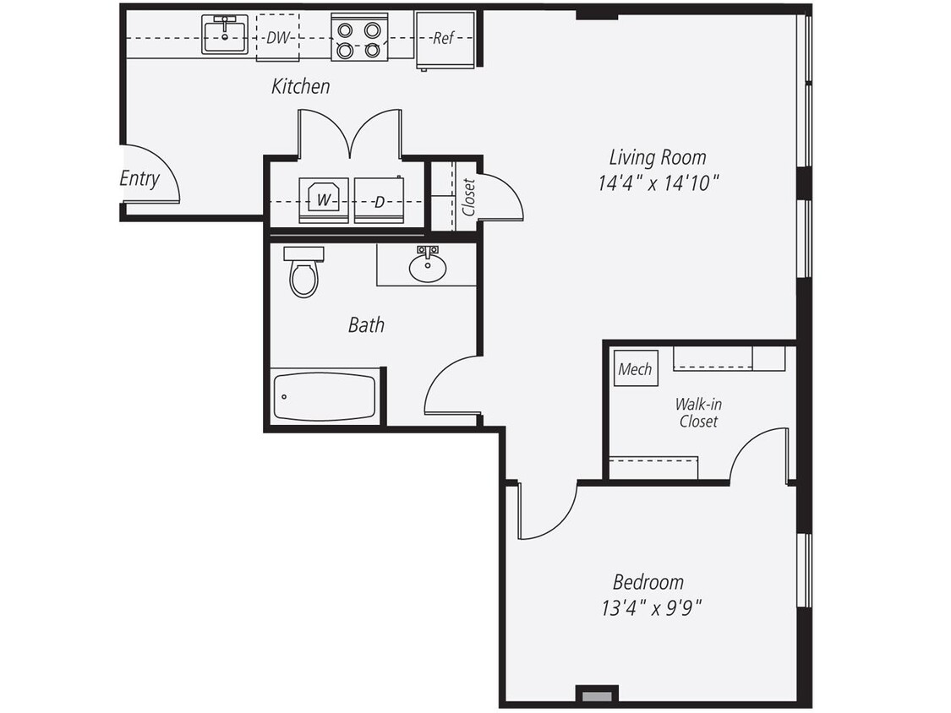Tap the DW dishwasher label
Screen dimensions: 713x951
[276, 38]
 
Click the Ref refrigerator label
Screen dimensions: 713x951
[442, 38]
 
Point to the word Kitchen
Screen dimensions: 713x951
[300, 86]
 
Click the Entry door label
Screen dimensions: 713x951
[139, 179]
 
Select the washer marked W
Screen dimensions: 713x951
[324, 201]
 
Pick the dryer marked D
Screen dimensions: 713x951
[379, 202]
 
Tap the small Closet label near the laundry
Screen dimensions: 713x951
[468, 196]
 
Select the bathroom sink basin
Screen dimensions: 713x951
[428, 268]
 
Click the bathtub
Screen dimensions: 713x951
[324, 397]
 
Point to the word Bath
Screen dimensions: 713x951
[366, 324]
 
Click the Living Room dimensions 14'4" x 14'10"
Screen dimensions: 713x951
[659, 182]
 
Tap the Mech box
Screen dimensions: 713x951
[635, 369]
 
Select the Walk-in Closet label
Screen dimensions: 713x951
[699, 412]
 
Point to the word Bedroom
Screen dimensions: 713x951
[648, 582]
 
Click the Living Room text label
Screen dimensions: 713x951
[658, 157]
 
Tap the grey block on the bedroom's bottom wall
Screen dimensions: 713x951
[595, 696]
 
